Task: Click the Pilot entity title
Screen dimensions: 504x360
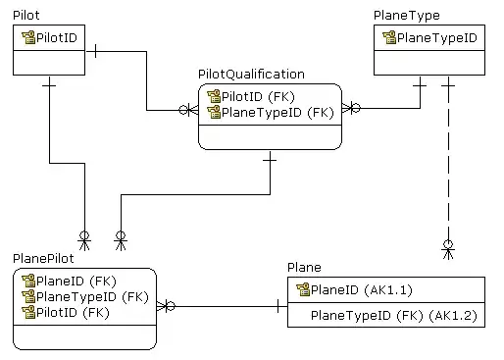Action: click(x=26, y=15)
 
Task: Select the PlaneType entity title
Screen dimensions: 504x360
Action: click(x=407, y=16)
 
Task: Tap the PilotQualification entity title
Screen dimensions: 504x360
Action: click(x=251, y=75)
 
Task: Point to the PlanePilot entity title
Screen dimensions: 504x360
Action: click(x=43, y=259)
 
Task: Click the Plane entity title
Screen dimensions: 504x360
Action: click(x=304, y=268)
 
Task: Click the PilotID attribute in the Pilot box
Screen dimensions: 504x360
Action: click(x=57, y=38)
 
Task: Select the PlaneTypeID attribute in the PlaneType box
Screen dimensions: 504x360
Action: click(x=437, y=38)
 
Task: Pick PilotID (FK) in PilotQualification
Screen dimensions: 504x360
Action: click(x=258, y=97)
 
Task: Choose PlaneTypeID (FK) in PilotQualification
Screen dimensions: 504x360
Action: click(x=277, y=113)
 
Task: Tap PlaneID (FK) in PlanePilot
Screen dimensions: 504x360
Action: click(x=76, y=282)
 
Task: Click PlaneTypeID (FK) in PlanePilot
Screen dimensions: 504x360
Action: click(x=92, y=297)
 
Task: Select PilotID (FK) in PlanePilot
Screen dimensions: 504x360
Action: click(x=73, y=313)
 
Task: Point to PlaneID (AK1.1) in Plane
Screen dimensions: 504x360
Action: click(x=362, y=290)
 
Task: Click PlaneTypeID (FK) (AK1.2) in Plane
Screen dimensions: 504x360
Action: click(x=394, y=316)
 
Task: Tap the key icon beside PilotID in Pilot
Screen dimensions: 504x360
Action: click(x=28, y=37)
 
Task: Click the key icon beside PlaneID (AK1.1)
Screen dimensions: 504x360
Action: click(x=303, y=289)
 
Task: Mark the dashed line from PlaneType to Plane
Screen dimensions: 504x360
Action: click(x=448, y=160)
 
